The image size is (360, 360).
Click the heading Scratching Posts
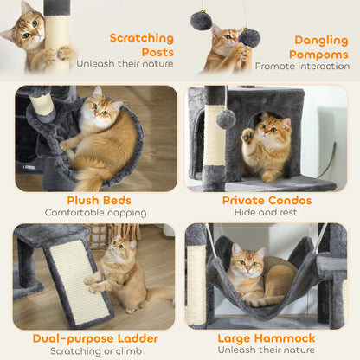point(140,45)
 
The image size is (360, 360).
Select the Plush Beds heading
point(100,200)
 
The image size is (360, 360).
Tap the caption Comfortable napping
point(100,213)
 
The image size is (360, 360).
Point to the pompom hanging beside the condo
point(226,119)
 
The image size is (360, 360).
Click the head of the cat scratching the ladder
point(117,250)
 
